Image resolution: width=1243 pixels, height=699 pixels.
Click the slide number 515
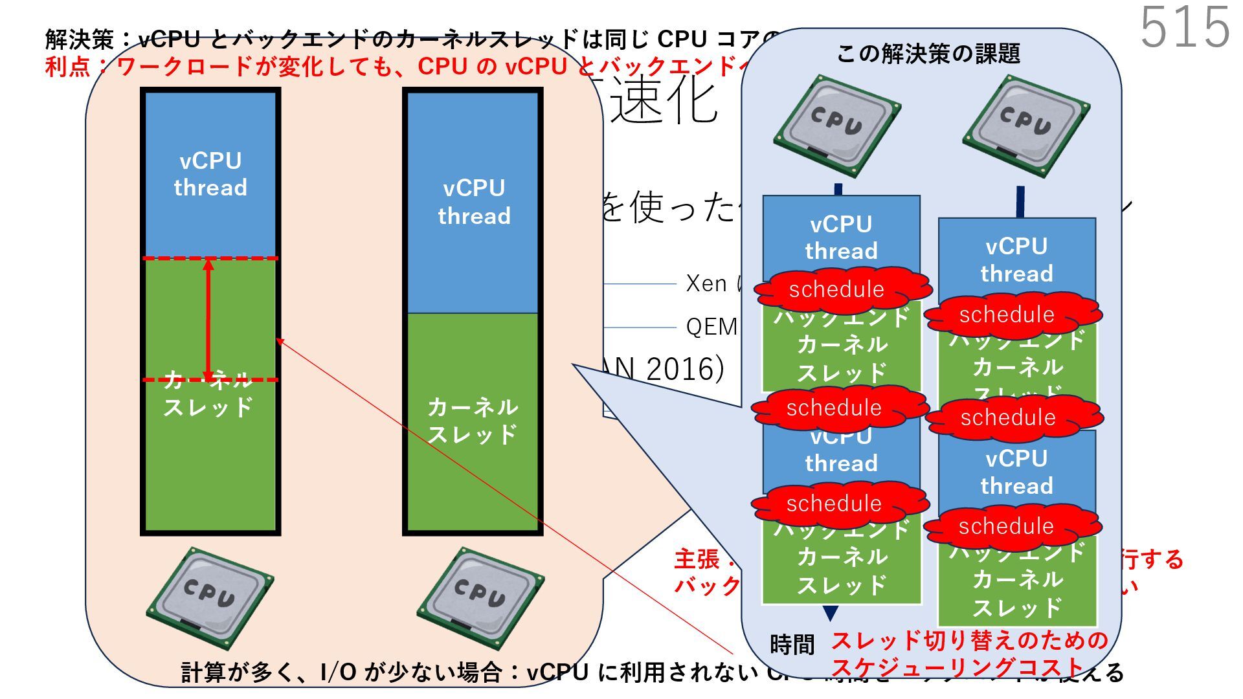coord(1185,27)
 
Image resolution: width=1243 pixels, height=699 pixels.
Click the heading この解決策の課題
coord(928,54)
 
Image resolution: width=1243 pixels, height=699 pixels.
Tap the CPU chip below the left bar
coord(210,597)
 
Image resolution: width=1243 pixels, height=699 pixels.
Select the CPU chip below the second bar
coord(480,597)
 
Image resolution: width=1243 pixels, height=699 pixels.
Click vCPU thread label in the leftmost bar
coord(210,174)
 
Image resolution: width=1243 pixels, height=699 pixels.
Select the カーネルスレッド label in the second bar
coord(473,421)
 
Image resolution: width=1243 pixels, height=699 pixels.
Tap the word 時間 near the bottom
coord(792,645)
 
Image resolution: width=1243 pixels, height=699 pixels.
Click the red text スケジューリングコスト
coord(958,667)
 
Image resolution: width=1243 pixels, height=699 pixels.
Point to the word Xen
coord(706,283)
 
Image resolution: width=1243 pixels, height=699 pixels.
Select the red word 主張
coord(697,559)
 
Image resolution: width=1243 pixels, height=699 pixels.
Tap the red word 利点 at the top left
coord(67,67)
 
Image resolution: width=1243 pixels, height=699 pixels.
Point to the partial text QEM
coord(711,327)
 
